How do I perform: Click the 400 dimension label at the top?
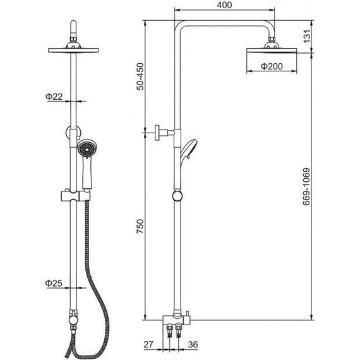pyautogui.click(x=224, y=5)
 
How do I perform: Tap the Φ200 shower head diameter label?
pyautogui.click(x=272, y=66)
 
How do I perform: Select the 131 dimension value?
pyautogui.click(x=307, y=36)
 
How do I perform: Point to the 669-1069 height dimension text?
pyautogui.click(x=306, y=187)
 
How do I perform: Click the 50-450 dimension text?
pyautogui.click(x=140, y=76)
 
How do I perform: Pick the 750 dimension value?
pyautogui.click(x=140, y=226)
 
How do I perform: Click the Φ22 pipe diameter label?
pyautogui.click(x=54, y=97)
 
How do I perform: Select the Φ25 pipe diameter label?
pyautogui.click(x=54, y=283)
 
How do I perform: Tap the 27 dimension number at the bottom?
pyautogui.click(x=148, y=344)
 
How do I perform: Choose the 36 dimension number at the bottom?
pyautogui.click(x=193, y=344)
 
